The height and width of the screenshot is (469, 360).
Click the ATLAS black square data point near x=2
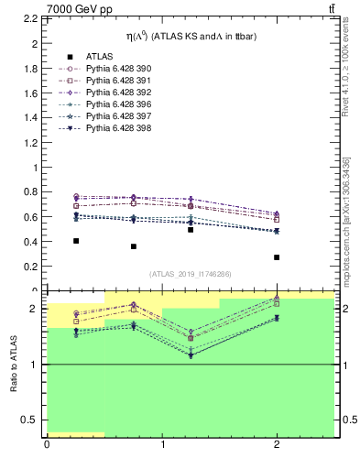277,257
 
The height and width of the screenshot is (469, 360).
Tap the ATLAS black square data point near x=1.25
191,230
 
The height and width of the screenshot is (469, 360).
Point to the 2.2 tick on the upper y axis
30,19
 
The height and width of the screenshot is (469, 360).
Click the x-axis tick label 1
162,445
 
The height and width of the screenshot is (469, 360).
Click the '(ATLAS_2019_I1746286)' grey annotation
190,274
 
